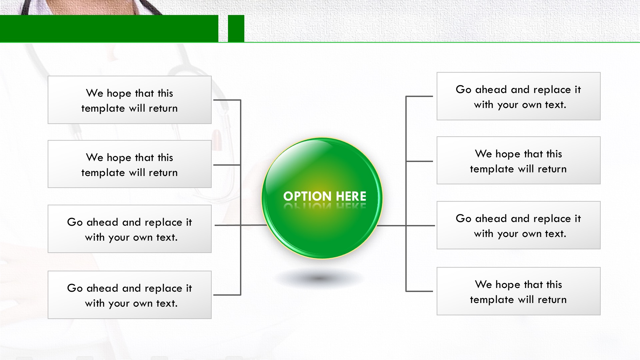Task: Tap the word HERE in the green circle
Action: [x=351, y=196]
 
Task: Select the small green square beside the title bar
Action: [x=236, y=28]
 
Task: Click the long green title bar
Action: [x=109, y=28]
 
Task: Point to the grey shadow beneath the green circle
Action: [x=319, y=278]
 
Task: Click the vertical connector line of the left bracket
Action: [x=240, y=197]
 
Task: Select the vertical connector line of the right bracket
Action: [x=406, y=194]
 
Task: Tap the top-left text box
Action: [x=130, y=100]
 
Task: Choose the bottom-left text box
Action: [x=130, y=295]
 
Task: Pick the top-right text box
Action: [x=519, y=96]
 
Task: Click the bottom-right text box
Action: [x=519, y=291]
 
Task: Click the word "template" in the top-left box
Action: [x=103, y=109]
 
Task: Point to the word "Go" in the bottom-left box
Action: [x=75, y=288]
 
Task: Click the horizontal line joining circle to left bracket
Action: [x=241, y=225]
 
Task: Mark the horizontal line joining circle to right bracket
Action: [x=406, y=226]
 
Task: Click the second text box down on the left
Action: [x=130, y=164]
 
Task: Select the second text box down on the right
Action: [x=519, y=160]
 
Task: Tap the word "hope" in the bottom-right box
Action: [x=508, y=285]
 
